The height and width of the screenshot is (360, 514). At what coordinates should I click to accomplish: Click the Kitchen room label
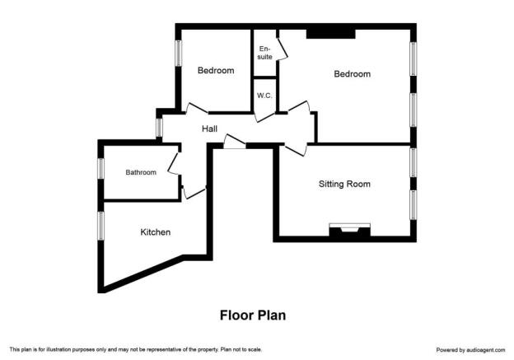156,232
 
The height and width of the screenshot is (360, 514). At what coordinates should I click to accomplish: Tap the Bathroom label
141,172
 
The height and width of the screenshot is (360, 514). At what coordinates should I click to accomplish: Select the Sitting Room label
344,184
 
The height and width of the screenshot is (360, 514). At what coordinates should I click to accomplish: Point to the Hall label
209,129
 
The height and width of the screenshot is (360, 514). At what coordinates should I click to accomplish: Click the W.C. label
264,96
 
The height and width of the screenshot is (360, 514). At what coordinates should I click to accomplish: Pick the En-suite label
265,53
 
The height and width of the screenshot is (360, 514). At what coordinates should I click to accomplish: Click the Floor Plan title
253,316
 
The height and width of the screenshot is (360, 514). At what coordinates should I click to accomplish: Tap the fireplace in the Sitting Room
350,230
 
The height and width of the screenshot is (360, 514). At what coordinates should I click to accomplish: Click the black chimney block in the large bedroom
331,34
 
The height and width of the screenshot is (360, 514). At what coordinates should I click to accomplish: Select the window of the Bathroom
101,169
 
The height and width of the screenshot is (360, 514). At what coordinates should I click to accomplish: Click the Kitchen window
101,226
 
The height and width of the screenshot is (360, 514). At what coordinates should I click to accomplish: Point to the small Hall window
159,127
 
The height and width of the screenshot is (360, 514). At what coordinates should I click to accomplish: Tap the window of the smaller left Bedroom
178,53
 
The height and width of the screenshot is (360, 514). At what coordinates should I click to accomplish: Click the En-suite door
282,49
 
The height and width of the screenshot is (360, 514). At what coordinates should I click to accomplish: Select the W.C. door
264,117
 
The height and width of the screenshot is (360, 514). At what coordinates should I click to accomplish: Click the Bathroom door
174,163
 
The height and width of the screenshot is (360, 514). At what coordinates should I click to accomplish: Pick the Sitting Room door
296,149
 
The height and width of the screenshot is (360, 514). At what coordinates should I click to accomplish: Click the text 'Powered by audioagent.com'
470,350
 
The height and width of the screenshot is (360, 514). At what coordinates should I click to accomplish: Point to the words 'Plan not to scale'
241,349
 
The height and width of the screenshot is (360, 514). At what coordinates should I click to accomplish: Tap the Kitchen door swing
194,193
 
